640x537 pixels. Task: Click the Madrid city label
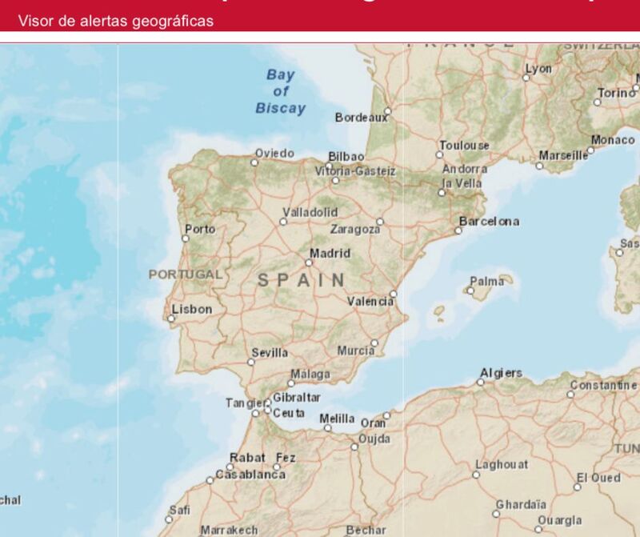coord(330,254)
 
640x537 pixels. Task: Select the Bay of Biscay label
coord(281,91)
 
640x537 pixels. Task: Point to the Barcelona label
coord(489,222)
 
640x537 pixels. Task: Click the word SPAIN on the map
coord(302,280)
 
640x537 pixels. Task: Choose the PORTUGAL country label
coord(186,275)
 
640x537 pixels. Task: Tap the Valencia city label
coord(370,302)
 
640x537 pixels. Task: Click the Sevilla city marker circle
coord(251,363)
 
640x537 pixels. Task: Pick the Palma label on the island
coord(487,282)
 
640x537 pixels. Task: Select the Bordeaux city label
coord(361,118)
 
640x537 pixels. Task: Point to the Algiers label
coord(502,373)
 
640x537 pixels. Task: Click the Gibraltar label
coord(297,398)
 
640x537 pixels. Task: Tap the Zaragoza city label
coord(355,230)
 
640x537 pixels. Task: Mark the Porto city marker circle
coord(186,238)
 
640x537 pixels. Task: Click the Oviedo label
coord(274,153)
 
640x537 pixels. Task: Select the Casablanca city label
coord(250,475)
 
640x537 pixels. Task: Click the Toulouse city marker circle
coord(440,154)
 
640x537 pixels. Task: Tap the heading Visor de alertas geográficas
coord(116,21)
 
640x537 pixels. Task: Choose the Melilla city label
coord(337,419)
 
